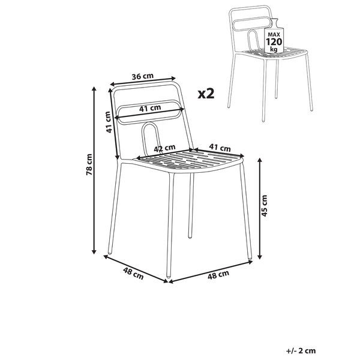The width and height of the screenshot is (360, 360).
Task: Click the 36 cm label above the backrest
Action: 142,76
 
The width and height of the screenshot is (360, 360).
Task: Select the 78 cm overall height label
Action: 89,164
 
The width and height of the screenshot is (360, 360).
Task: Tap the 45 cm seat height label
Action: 264,205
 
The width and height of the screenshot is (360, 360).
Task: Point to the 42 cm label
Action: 164,148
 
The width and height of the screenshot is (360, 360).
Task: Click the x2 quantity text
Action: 206,94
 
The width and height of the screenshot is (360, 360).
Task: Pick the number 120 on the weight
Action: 274,42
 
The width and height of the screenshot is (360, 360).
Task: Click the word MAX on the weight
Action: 274,35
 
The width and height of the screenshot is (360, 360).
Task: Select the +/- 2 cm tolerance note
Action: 301,350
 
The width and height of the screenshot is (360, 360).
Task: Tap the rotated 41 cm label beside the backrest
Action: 109,122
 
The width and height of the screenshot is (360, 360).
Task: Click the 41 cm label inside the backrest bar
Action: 150,108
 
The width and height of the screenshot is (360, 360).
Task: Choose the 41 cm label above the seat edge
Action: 220,148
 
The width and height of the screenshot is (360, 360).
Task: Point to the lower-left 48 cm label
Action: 133,274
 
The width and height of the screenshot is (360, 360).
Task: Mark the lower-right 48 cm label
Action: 218,275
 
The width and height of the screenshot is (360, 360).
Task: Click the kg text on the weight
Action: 274,49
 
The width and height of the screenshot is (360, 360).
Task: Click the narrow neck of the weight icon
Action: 274,23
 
